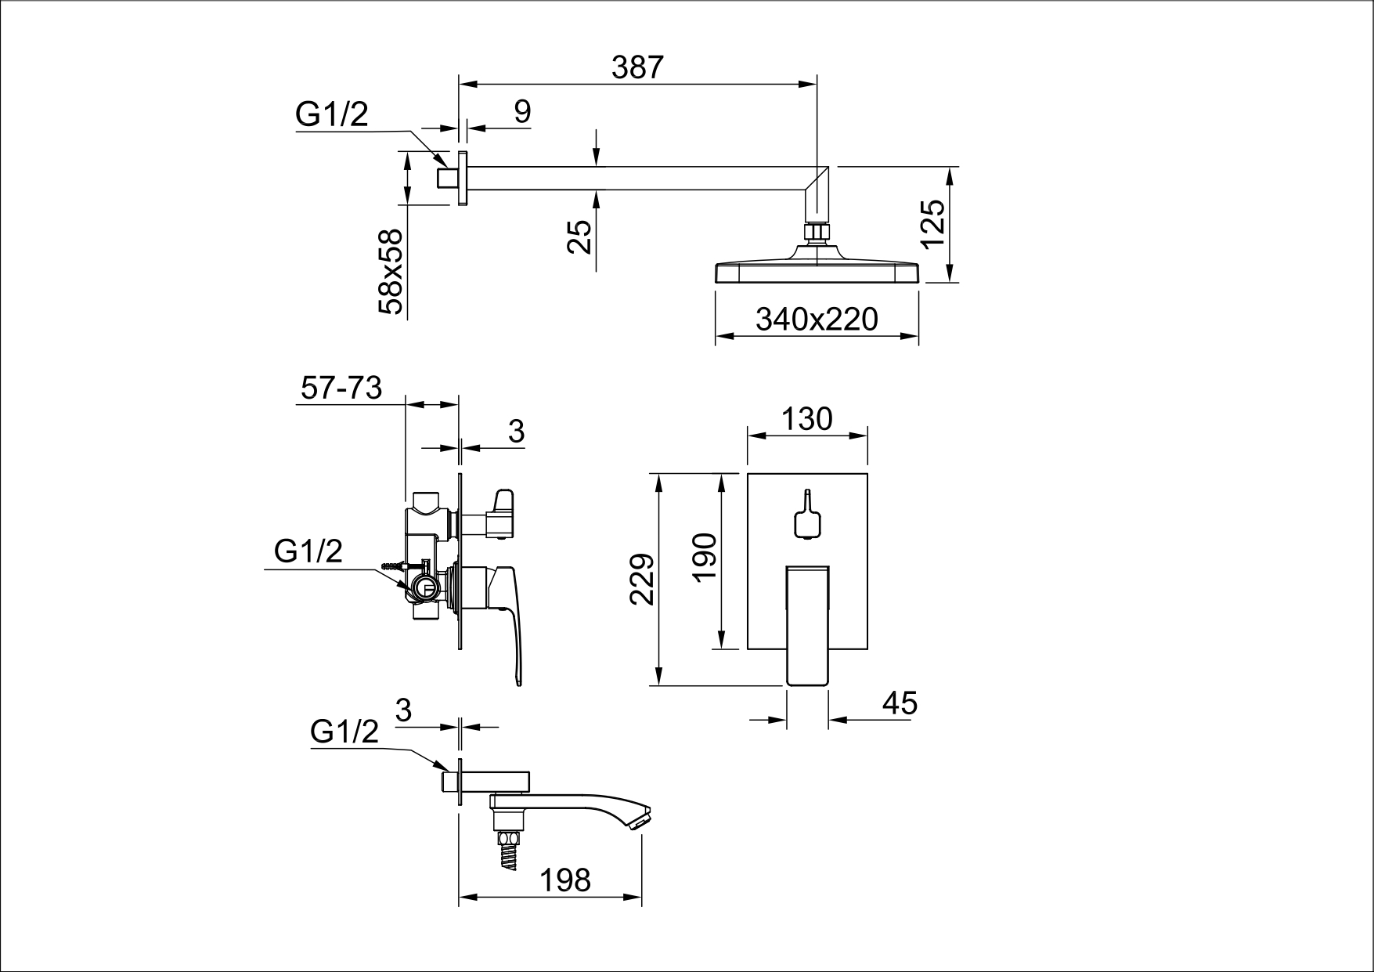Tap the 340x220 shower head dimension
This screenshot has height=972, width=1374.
click(x=817, y=319)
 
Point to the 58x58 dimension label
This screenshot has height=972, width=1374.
click(x=389, y=272)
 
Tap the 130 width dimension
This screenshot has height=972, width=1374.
click(x=807, y=419)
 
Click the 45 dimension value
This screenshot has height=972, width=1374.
click(x=900, y=703)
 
